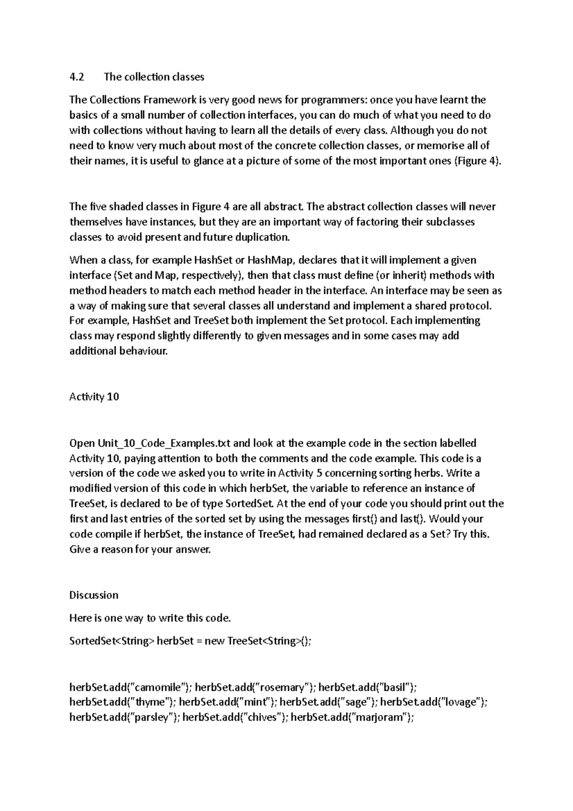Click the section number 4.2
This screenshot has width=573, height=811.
pos(76,77)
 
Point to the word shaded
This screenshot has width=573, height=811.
pos(126,207)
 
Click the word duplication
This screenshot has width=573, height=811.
pos(265,237)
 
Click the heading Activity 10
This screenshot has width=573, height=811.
pos(94,397)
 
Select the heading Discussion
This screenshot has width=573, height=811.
pos(94,596)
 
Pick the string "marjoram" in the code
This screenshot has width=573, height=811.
pos(381,718)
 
